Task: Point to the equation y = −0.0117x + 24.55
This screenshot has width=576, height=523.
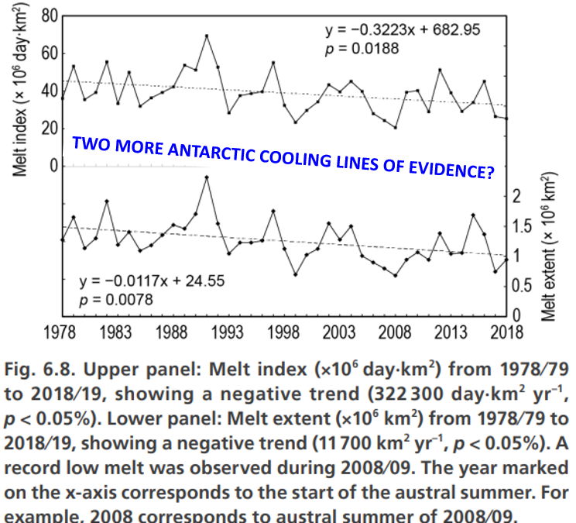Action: (149, 281)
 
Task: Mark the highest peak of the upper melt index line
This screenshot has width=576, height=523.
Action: (207, 36)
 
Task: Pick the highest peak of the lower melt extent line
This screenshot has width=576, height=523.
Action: (207, 177)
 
